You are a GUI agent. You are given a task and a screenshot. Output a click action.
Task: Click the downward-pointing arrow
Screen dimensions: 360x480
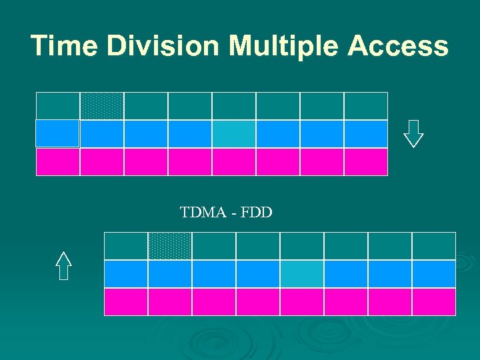point(413,133)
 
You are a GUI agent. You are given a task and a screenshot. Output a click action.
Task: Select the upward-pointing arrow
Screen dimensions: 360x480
point(63,266)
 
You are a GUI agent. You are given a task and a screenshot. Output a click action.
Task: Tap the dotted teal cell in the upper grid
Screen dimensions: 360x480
point(102,106)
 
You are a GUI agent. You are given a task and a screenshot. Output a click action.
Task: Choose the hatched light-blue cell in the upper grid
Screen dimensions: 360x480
point(234,134)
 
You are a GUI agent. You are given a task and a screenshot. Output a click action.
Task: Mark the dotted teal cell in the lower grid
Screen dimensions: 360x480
point(170,246)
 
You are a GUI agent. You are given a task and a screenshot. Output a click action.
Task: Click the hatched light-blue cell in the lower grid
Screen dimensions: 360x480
point(302,274)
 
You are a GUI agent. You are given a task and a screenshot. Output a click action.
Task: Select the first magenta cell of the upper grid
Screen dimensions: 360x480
point(57,162)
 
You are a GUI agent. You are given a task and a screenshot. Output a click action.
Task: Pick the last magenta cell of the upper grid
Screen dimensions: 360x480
point(366,162)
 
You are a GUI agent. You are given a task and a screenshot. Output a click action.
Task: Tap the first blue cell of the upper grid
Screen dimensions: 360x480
point(57,133)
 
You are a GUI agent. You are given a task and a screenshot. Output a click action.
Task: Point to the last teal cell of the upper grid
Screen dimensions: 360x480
point(366,106)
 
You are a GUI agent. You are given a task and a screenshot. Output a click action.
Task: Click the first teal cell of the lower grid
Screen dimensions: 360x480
point(126,246)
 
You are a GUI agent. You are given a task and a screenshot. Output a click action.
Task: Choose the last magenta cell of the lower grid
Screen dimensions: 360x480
point(434,301)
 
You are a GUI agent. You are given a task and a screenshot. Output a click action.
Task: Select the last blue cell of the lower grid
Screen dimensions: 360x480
point(434,274)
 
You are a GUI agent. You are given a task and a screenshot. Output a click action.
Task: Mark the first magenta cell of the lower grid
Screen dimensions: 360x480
point(126,301)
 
